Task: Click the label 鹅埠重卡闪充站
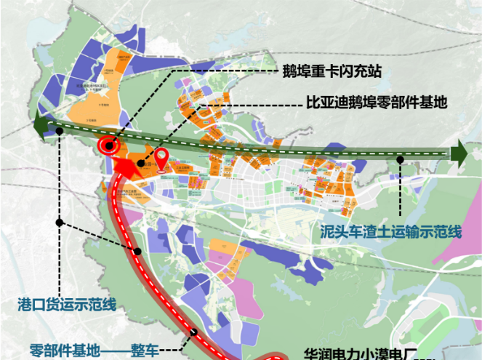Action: click(332, 72)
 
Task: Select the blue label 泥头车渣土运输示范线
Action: click(391, 232)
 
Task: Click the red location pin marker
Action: click(162, 156)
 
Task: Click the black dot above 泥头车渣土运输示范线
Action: click(401, 157)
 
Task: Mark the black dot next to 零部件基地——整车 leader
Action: click(193, 333)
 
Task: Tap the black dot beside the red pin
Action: click(140, 164)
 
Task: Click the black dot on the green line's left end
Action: click(58, 131)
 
